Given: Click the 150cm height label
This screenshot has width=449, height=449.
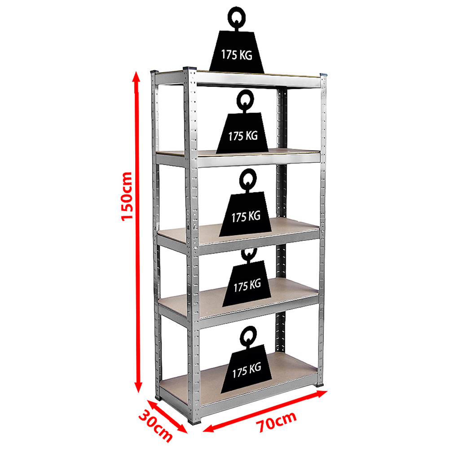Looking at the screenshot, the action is [x=127, y=197].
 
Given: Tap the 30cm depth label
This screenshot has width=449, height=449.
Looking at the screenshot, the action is [x=156, y=426].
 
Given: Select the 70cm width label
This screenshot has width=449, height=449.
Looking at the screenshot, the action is [x=276, y=422].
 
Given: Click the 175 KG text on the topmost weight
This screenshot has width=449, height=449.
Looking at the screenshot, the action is [x=237, y=54].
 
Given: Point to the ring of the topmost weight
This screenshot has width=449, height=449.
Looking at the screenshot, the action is [x=237, y=17].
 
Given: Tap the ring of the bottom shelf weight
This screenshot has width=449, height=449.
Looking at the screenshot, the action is [x=248, y=336].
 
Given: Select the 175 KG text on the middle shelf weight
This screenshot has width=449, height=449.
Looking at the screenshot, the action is [x=246, y=216].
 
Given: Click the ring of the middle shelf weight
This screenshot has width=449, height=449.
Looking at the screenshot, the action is [x=248, y=179].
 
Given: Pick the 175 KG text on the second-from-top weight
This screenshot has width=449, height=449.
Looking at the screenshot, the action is [x=243, y=136].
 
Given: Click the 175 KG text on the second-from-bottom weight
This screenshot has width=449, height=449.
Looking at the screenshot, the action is [x=247, y=286].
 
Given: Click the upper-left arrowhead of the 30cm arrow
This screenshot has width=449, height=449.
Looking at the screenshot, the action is [x=152, y=405].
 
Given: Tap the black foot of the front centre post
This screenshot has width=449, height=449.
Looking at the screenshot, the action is [x=195, y=420].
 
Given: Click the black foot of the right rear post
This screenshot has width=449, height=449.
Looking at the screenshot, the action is [x=320, y=385].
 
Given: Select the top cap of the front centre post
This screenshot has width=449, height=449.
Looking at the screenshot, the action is [x=189, y=68].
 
